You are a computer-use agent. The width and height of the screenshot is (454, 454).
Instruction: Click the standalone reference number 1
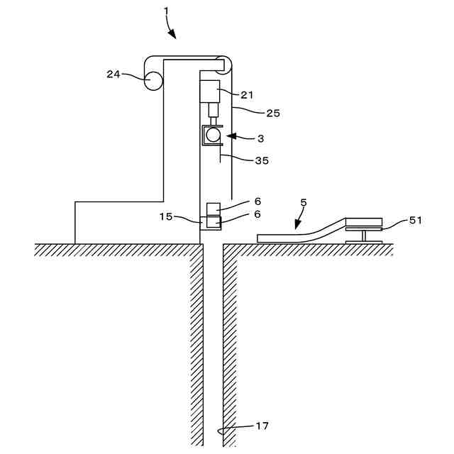(x=166, y=11)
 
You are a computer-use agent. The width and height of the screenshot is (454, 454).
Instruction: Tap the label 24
(x=113, y=74)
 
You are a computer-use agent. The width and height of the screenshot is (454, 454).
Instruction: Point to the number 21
(x=247, y=94)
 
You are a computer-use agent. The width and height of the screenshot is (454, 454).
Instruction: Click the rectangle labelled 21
(x=210, y=92)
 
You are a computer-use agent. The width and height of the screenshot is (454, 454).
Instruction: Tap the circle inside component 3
(x=211, y=134)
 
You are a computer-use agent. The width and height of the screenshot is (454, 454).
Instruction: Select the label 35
(x=261, y=160)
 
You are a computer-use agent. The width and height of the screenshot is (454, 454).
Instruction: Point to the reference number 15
(x=165, y=216)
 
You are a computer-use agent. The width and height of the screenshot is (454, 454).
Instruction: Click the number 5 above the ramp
(x=304, y=202)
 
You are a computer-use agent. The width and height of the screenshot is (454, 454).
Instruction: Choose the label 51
(x=416, y=220)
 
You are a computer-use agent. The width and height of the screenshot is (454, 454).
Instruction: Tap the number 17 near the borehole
(x=262, y=426)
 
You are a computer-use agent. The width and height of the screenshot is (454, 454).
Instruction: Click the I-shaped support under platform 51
(x=363, y=237)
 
